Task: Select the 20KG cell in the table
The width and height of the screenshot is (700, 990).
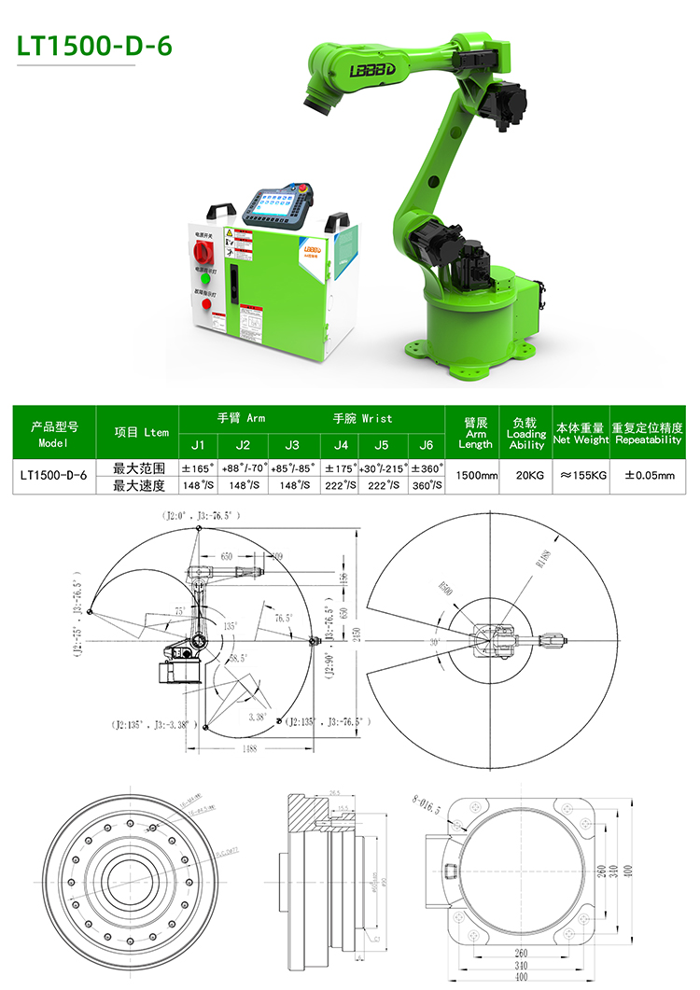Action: tap(529, 475)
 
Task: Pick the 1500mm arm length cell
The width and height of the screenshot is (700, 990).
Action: tap(476, 475)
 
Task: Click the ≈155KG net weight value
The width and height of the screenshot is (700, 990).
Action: tap(583, 475)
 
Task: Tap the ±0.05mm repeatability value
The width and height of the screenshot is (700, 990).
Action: tap(649, 475)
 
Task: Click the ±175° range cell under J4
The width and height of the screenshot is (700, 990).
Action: tap(342, 467)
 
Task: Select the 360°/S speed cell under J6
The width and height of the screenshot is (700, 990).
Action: tap(427, 485)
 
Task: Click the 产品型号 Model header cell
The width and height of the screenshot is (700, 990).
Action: tap(54, 434)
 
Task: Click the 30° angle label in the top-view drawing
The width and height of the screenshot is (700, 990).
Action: tap(436, 642)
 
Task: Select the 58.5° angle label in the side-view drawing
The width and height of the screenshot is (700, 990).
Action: tap(236, 657)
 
